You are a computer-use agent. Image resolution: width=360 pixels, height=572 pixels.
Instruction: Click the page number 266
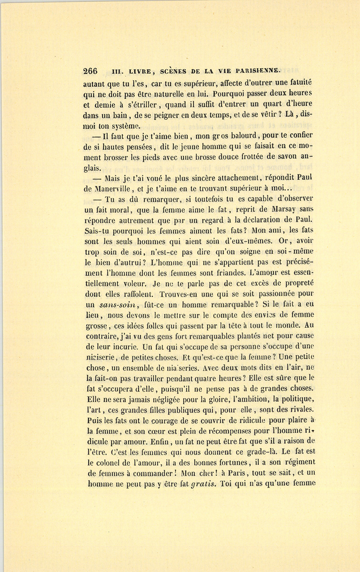[90, 72]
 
